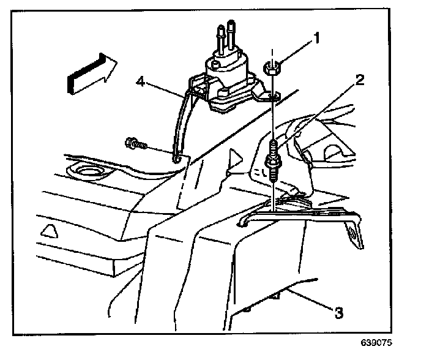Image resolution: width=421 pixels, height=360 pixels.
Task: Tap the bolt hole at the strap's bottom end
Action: click(x=177, y=159)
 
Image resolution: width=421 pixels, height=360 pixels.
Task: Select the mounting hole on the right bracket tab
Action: click(x=352, y=234)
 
